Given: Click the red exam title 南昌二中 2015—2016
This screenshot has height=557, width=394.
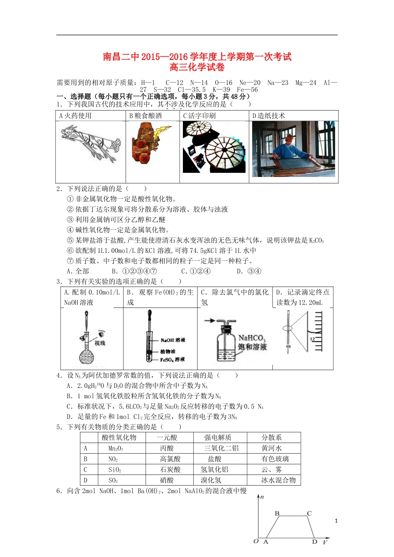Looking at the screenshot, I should coord(197,57).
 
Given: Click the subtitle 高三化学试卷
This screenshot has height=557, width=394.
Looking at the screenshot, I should coord(197,67).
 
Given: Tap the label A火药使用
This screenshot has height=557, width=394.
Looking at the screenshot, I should coord(75,116).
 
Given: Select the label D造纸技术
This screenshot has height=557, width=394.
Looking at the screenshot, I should coord(269,116).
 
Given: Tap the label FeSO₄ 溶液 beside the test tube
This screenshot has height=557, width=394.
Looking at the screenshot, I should coord(172,360).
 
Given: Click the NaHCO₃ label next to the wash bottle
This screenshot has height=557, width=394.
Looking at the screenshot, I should coord(252,338).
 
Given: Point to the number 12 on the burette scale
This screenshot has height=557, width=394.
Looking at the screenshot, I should coord(313,339).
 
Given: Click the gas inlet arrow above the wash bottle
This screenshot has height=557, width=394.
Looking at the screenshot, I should coord(210,320).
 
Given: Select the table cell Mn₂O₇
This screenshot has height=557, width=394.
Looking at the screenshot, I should coord(116,448).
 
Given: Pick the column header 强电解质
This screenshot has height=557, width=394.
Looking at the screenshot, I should coord(218,438).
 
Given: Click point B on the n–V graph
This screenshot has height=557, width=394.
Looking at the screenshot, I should coord(277,513).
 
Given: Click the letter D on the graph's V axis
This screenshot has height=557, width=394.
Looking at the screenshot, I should coord(315,542).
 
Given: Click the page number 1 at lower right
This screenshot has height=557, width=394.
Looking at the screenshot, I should coord(336,521).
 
